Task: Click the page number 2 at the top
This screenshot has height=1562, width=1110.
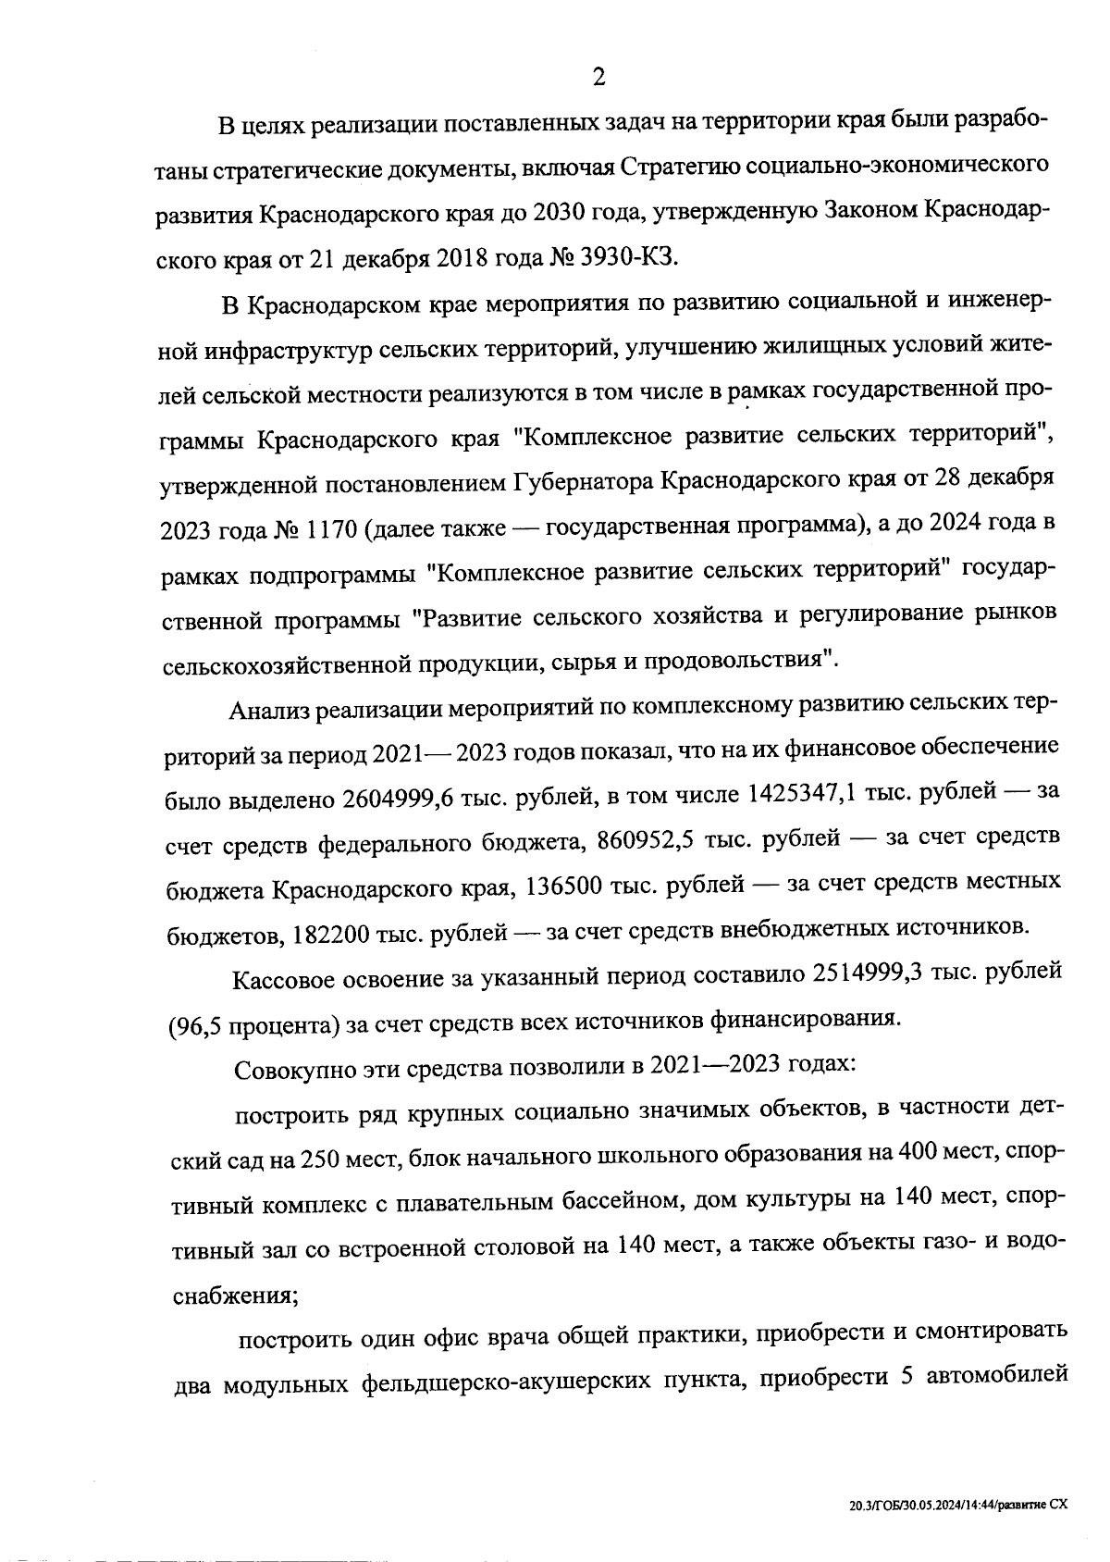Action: pyautogui.click(x=598, y=77)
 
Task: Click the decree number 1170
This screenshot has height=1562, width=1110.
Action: pyautogui.click(x=327, y=529)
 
